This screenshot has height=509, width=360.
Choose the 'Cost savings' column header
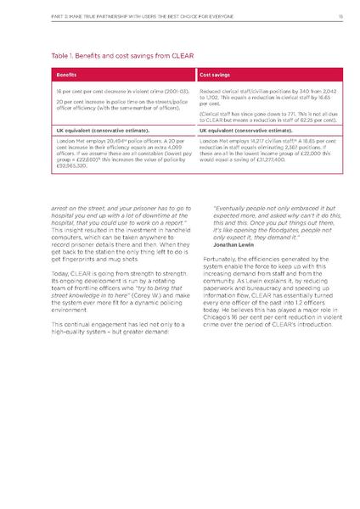pyautogui.click(x=217, y=75)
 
